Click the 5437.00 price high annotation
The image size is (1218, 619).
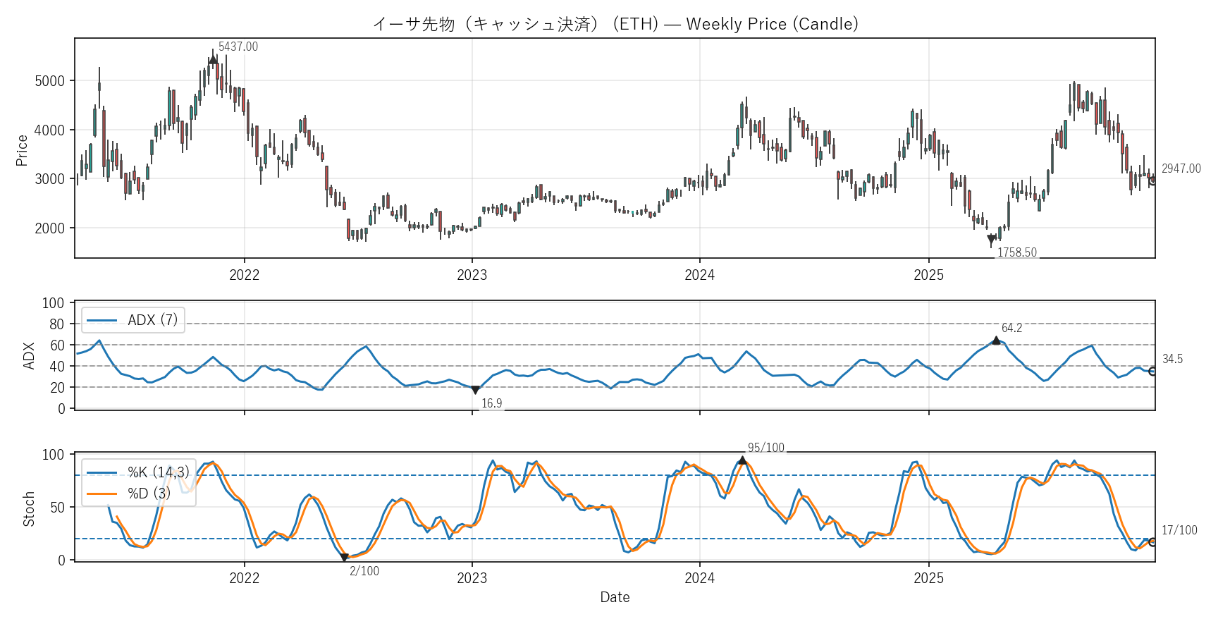tap(238, 47)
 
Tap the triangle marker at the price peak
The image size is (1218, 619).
tap(213, 60)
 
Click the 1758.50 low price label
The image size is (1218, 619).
tap(1016, 252)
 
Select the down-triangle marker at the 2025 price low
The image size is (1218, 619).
tap(991, 239)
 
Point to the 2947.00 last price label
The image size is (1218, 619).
tap(1181, 168)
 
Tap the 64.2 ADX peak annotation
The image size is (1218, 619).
tap(1011, 328)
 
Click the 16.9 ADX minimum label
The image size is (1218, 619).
tap(491, 403)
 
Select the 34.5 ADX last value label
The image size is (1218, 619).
tap(1172, 359)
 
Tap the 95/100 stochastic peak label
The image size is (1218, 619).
tap(765, 448)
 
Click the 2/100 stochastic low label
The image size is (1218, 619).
tap(364, 571)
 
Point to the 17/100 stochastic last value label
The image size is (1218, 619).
tap(1179, 530)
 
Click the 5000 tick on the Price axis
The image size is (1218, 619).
tap(49, 81)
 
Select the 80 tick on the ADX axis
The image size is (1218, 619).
tap(56, 324)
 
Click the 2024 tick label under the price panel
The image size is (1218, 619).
tap(699, 275)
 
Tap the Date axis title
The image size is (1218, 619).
tap(615, 597)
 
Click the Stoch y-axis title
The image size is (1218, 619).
tap(29, 509)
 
